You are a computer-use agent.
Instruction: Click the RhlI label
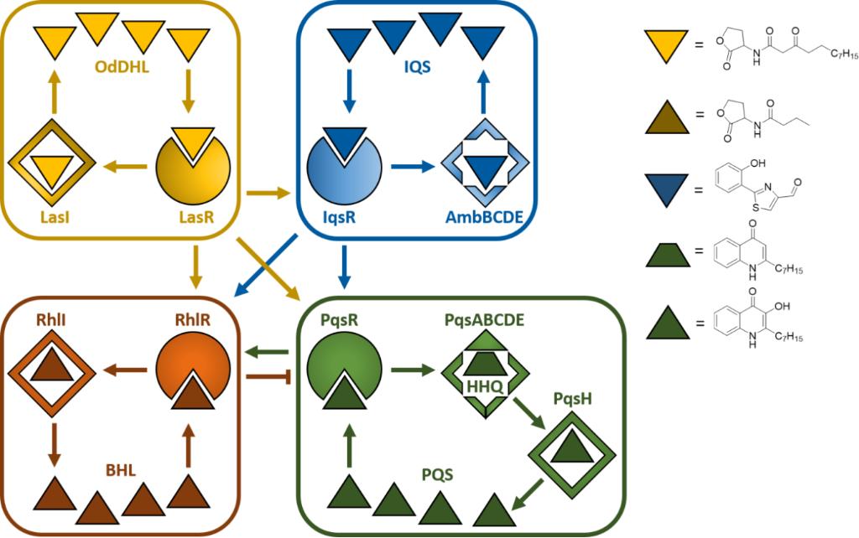coord(53,319)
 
